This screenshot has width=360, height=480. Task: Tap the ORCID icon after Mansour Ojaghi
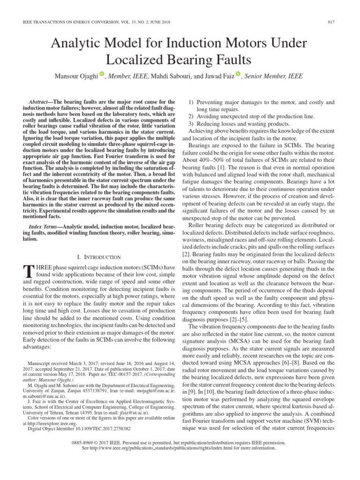click(102, 75)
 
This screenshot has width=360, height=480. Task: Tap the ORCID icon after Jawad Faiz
click(238, 75)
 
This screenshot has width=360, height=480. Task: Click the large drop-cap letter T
click(28, 270)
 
